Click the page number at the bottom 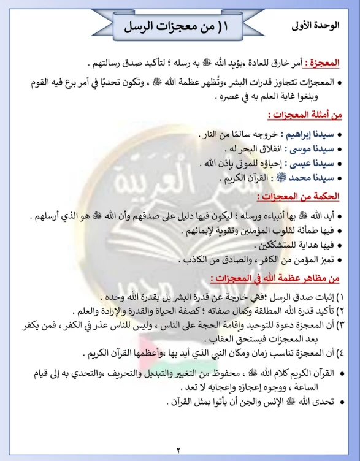[179, 449]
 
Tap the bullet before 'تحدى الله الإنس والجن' [340, 402]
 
